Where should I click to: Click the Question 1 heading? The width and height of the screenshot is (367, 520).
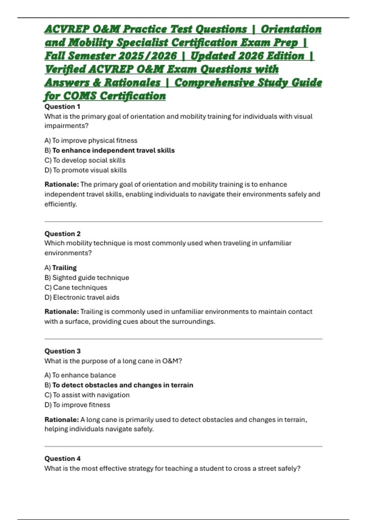[62, 106]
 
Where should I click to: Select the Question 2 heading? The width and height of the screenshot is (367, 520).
[62, 234]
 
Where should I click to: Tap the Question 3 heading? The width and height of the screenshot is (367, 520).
[62, 351]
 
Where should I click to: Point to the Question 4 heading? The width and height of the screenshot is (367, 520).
[62, 458]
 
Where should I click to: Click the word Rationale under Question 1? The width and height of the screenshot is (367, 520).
[61, 184]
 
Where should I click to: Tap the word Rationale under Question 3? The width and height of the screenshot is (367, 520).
[61, 419]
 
